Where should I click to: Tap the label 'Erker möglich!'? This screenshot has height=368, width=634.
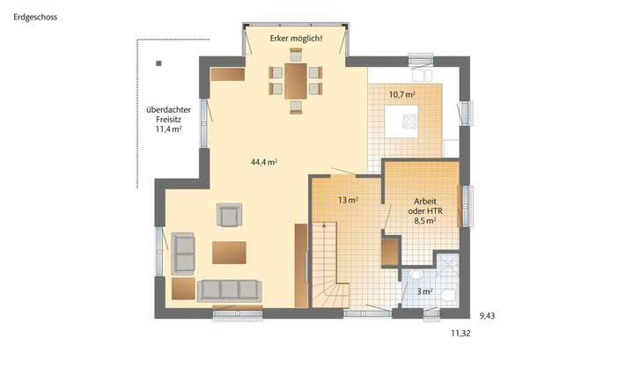tap(296, 39)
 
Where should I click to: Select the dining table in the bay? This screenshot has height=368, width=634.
tap(295, 80)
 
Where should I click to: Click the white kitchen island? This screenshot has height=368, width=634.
tap(409, 121)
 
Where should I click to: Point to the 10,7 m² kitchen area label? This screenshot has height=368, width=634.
tap(402, 92)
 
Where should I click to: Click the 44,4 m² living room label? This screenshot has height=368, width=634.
tap(264, 162)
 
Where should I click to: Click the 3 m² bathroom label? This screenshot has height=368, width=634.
tap(424, 291)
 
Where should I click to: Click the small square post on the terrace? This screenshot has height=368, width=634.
tap(158, 63)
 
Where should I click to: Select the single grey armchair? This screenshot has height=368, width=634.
tap(231, 215)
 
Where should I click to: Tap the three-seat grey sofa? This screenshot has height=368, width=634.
tap(229, 290)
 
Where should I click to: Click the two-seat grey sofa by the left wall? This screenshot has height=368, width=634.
tap(183, 254)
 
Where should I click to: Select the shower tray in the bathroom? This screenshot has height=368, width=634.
tap(449, 263)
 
